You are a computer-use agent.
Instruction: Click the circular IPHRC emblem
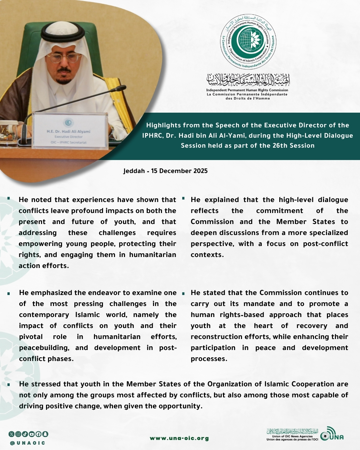point(248,42)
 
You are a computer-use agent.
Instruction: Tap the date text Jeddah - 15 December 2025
point(165,171)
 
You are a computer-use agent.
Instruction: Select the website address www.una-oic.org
point(179,438)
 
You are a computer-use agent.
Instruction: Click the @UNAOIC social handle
point(28,443)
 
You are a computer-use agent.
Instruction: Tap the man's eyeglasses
point(64,57)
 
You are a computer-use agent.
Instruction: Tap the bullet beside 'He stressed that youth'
point(9,384)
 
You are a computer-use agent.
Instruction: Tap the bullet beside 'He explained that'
point(183,199)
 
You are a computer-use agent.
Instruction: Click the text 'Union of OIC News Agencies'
point(292,436)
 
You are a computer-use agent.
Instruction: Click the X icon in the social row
point(11,434)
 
